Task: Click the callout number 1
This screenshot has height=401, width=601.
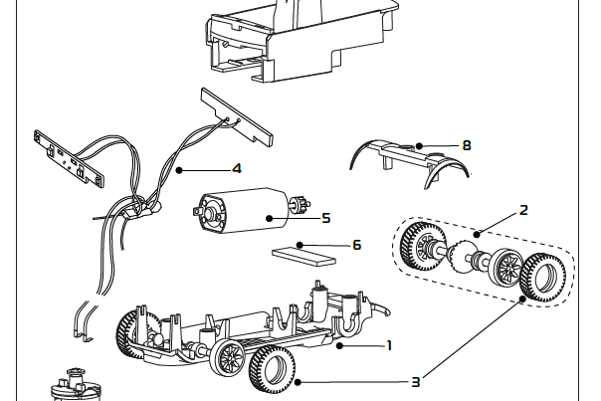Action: point(389,345)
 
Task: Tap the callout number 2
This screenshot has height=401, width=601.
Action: point(523,210)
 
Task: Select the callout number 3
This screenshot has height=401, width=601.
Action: point(416,381)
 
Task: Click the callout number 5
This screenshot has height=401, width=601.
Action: point(325,216)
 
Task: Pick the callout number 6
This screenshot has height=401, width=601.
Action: point(356,244)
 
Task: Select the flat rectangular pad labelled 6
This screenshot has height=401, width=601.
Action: point(304,253)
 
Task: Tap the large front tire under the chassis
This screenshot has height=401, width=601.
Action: point(273,369)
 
